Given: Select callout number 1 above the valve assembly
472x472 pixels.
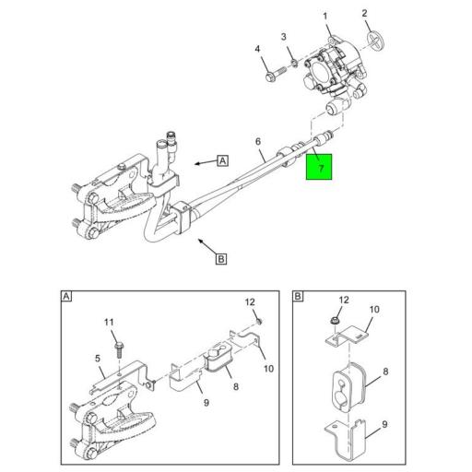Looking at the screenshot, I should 324,17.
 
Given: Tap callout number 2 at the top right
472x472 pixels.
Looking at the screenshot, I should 364,13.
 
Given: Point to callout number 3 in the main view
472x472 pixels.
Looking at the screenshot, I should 285,37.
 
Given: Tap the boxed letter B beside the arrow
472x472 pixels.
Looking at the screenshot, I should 220,259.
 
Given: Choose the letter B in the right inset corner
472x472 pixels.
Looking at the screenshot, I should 298,297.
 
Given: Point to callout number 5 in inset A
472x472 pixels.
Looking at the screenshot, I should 98,359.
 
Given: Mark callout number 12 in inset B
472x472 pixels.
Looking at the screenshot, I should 345,301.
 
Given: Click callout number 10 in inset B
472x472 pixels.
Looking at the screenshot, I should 375,310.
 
